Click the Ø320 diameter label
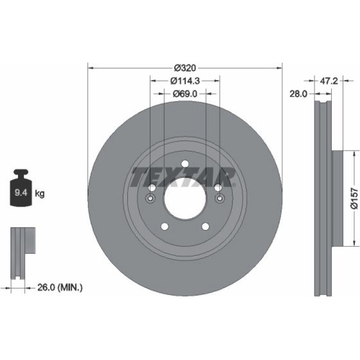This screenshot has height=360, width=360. pos(185,68)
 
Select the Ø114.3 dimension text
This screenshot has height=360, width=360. pos(185,81)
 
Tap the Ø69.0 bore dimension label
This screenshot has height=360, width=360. pos(185,94)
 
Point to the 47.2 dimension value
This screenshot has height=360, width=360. pos(329,81)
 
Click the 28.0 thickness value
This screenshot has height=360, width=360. pos(298,94)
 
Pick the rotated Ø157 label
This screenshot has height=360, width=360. pos(354,198)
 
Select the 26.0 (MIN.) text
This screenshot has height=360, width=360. pos(60,287)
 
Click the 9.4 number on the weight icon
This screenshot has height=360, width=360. pos(21,193)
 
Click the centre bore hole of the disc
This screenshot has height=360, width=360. pos(185,199)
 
